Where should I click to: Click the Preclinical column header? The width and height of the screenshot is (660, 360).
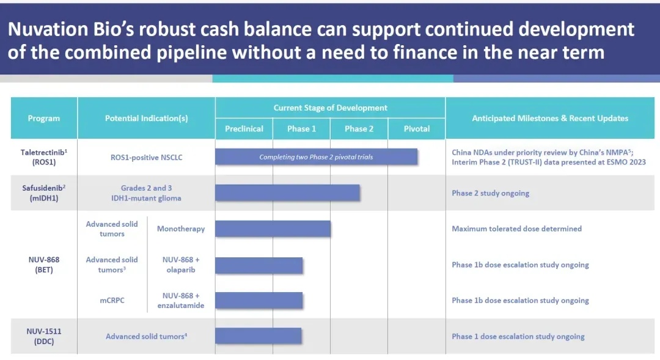pyautogui.click(x=244, y=129)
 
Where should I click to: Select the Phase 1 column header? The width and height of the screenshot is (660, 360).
pyautogui.click(x=301, y=129)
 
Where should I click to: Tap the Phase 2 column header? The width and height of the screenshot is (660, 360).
pyautogui.click(x=359, y=129)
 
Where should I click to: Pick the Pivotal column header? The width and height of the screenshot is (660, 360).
pyautogui.click(x=417, y=129)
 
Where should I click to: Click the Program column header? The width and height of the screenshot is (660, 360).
pyautogui.click(x=44, y=119)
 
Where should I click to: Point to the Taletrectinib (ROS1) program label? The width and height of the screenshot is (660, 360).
pyautogui.click(x=44, y=157)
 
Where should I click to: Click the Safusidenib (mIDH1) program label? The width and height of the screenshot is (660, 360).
pyautogui.click(x=44, y=193)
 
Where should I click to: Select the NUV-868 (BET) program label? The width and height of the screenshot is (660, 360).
pyautogui.click(x=44, y=265)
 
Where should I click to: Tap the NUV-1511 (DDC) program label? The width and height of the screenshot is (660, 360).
pyautogui.click(x=44, y=336)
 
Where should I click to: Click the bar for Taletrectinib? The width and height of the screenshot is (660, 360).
pyautogui.click(x=316, y=156)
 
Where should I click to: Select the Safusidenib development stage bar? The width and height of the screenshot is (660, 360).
pyautogui.click(x=287, y=193)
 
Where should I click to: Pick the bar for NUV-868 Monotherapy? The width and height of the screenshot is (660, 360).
pyautogui.click(x=273, y=229)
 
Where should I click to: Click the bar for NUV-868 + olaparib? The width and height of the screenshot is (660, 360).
pyautogui.click(x=259, y=265)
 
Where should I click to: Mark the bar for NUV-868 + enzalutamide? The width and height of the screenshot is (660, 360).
pyautogui.click(x=259, y=300)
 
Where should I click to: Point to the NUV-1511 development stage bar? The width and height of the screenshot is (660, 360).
pyautogui.click(x=258, y=336)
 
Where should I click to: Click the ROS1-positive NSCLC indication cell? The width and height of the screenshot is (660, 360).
pyautogui.click(x=147, y=158)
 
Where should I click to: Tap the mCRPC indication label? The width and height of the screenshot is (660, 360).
pyautogui.click(x=112, y=300)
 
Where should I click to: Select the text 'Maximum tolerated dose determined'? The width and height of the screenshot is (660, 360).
pyautogui.click(x=517, y=229)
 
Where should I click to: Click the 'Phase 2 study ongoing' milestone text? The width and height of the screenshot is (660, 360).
pyautogui.click(x=490, y=193)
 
